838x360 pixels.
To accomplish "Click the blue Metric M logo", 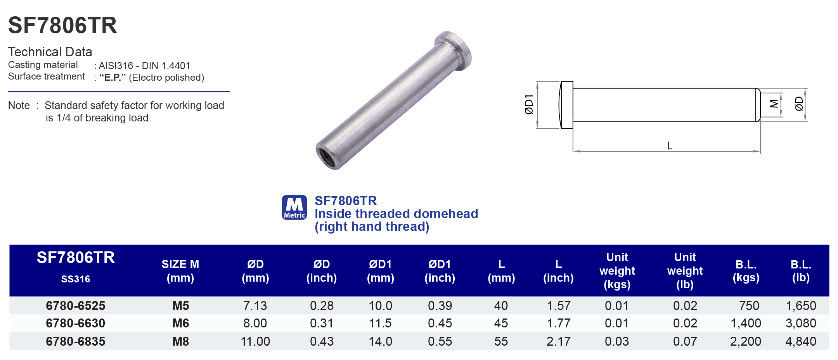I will pos(294,208).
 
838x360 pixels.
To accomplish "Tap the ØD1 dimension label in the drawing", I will pos(529,105).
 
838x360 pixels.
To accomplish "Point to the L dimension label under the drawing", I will pos(669,146).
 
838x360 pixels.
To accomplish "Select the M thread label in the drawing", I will pos(774,104).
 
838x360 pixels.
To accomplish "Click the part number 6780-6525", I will pos(75,306).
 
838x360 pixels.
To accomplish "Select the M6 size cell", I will pos(180,323).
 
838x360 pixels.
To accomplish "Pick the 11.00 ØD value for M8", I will pos(255,341).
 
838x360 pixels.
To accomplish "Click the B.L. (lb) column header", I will pos(801,271).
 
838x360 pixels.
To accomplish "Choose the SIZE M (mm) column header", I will pos(180,271).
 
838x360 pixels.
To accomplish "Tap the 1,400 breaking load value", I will pos(745,323).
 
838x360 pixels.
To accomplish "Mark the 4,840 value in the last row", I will pos(801,341).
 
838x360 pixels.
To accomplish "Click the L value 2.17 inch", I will pos(558,341).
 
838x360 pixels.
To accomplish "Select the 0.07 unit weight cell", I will pos(685,341).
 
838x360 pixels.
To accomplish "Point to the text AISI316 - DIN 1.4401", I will pos(144,66).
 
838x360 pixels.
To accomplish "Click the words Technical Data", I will pos(50,52).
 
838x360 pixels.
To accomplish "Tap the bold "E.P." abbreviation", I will pos(113,78).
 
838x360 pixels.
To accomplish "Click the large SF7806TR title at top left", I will pos(62,26).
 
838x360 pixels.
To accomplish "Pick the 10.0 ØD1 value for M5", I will pos(380,306).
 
